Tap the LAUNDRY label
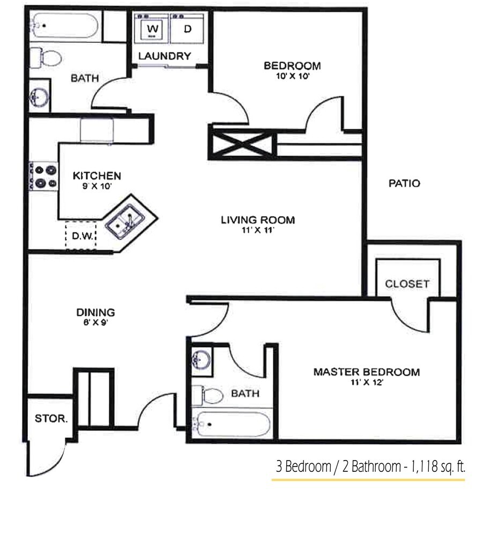click(165, 56)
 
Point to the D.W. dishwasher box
click(81, 235)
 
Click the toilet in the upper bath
click(45, 57)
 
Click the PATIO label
click(404, 183)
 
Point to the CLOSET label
click(407, 284)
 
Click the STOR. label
click(51, 419)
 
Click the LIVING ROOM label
click(258, 220)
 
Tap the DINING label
click(95, 312)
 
